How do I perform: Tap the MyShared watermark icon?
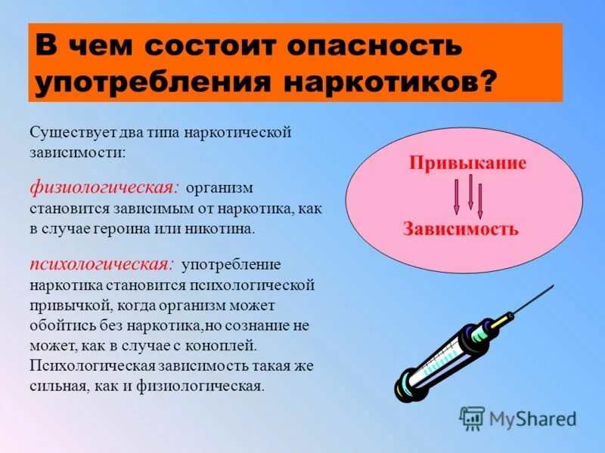[x=472, y=418]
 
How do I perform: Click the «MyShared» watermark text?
[x=532, y=418]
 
